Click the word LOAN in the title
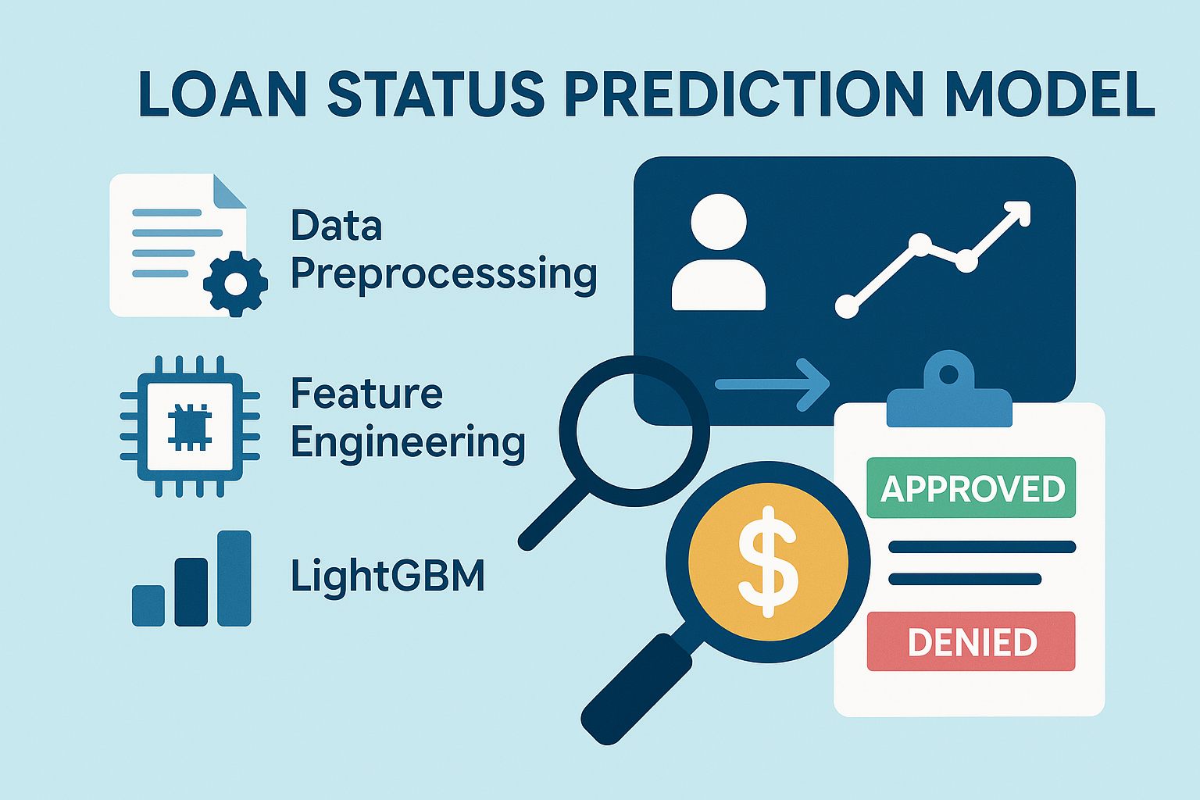click(223, 95)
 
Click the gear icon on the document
click(234, 284)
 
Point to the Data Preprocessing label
click(443, 250)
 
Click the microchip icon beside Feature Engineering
click(190, 427)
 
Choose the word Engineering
click(408, 444)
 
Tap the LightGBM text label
click(387, 577)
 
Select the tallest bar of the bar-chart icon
click(234, 578)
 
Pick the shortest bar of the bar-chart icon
click(148, 605)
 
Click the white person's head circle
click(719, 222)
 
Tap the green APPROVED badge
click(971, 488)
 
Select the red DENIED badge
click(971, 642)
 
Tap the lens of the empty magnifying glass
click(634, 430)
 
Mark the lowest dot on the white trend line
click(847, 306)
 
